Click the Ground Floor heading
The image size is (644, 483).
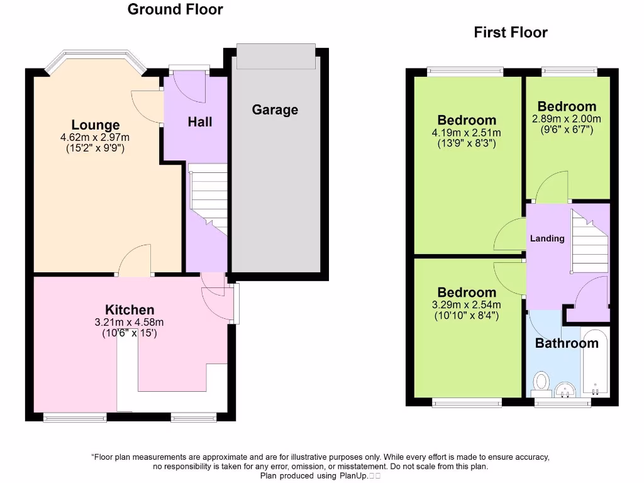coord(175,9)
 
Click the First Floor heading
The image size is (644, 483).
coord(511,32)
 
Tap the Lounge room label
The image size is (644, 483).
coord(95,125)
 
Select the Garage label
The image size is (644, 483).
coord(275,109)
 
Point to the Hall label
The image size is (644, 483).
coord(200,121)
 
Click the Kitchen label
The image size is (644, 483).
coord(130,309)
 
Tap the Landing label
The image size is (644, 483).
coord(547,238)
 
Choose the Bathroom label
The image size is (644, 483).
coord(567,343)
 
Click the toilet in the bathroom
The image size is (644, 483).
coord(540,382)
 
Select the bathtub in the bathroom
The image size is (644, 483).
coord(594,362)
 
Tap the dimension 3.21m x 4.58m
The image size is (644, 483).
coord(130,322)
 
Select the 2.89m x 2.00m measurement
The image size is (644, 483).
coord(567,119)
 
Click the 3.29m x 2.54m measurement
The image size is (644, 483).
coord(467,305)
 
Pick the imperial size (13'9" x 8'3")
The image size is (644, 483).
coord(467,143)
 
